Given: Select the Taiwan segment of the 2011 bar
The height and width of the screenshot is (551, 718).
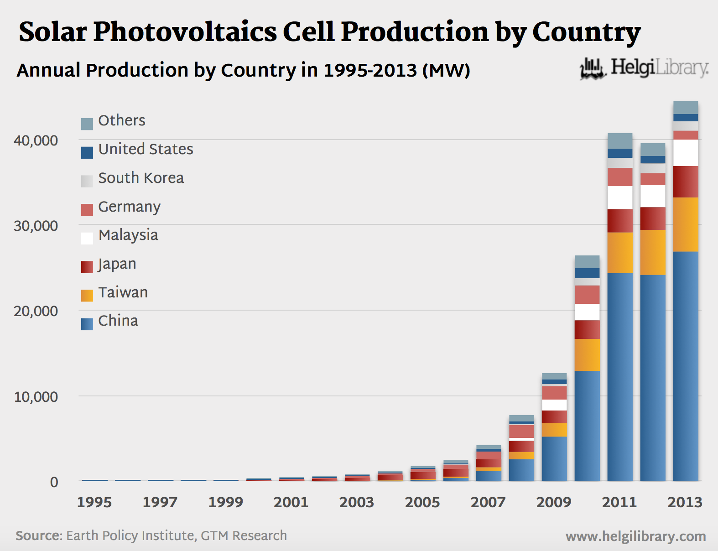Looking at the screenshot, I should pos(620,253).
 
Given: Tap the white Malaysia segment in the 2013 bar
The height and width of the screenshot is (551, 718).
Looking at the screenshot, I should pos(686,153).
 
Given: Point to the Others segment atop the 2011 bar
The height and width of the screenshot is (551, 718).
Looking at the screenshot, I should pos(620,140).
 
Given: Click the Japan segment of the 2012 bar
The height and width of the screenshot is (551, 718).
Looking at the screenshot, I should pos(653,218).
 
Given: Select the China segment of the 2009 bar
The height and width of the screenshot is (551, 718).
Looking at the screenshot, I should pos(554,458).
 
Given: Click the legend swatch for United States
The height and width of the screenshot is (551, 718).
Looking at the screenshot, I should pos(87,152).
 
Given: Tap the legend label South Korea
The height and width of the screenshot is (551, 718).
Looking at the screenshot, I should pos(141,178).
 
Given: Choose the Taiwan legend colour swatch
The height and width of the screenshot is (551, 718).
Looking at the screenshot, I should pos(87,296).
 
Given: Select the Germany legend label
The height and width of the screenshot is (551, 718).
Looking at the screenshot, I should pos(130,207).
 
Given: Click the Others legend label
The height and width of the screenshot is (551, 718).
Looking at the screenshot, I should pos(122,120).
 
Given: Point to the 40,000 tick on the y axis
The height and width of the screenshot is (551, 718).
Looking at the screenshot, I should pos(36,140).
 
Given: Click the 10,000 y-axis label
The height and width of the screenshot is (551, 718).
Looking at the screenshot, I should pos(36,397).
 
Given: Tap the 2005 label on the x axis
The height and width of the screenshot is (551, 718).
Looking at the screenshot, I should pos(422,502).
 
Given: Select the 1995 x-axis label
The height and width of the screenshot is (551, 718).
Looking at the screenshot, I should pos(94,502).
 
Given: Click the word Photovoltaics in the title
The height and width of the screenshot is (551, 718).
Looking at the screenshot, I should pos(185,32).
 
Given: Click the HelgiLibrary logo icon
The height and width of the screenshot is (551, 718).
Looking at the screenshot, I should pos(593,69).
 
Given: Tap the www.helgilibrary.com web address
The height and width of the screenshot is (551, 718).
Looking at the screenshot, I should pos(635,536).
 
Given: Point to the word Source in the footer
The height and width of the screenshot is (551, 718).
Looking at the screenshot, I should pos(38,535).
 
